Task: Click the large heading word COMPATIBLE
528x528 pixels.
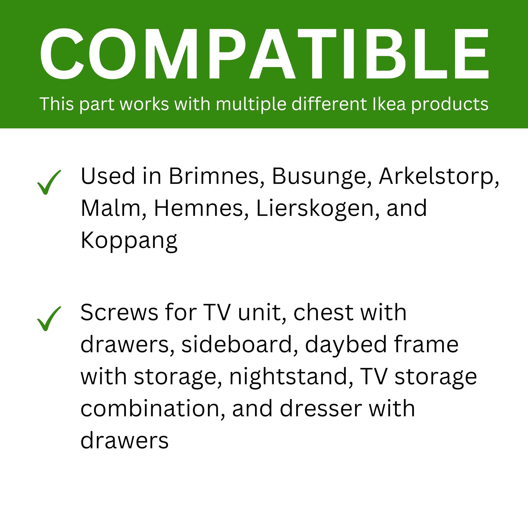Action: pos(264,54)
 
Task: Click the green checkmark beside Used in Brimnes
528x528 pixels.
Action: pos(49,182)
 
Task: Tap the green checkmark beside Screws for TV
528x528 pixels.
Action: pos(49,319)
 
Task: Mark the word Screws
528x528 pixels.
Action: pos(119,313)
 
